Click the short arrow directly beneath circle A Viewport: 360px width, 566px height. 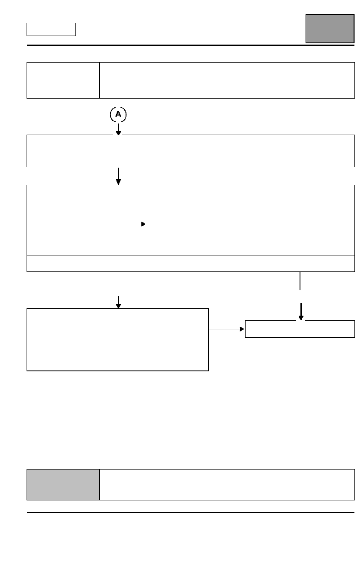point(118,129)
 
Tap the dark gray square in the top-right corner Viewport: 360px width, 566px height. point(330,29)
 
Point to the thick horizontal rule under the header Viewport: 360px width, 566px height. point(190,45)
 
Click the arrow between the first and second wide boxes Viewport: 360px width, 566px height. point(118,176)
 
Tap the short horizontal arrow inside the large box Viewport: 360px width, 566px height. point(132,224)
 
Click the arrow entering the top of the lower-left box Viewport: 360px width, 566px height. point(118,302)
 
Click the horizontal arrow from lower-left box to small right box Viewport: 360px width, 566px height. point(227,329)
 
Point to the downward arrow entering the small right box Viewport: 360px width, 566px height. point(301,311)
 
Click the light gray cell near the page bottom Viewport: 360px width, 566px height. point(63,485)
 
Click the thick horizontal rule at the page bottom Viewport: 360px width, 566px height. point(190,513)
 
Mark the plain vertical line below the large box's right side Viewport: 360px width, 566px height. point(300,281)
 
